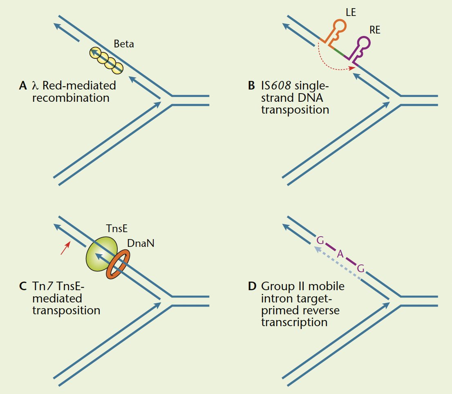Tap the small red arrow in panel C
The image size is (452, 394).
pyautogui.click(x=65, y=248)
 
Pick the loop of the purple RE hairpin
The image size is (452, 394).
pyautogui.click(x=364, y=43)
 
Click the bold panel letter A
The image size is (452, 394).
pyautogui.click(x=23, y=86)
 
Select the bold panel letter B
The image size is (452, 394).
pyautogui.click(x=251, y=86)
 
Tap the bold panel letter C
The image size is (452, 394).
pyautogui.click(x=23, y=286)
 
